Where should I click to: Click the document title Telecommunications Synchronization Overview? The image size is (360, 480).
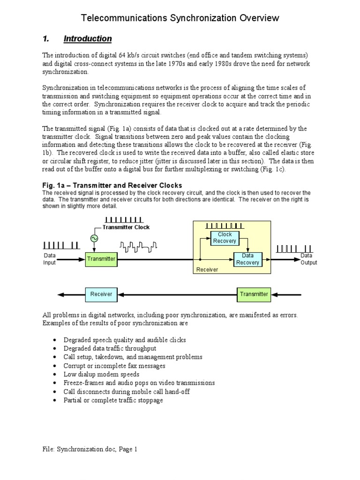(x=180, y=18)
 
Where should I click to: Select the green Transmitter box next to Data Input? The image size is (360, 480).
(x=101, y=259)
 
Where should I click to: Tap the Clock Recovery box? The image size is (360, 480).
(x=225, y=238)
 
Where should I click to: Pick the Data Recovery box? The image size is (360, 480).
(x=247, y=259)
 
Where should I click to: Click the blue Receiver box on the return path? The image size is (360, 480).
(x=101, y=294)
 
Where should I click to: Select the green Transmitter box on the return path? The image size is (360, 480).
(x=254, y=294)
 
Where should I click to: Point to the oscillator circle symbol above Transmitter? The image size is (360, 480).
(x=94, y=239)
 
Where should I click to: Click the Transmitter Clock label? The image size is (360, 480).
(x=126, y=227)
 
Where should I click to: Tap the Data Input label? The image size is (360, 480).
(x=50, y=259)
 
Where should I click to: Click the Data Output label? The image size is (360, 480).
(x=308, y=259)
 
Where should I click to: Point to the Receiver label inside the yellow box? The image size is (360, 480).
(x=207, y=270)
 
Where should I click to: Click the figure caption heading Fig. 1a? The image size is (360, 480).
(x=112, y=185)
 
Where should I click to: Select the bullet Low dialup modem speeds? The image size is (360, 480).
(x=101, y=374)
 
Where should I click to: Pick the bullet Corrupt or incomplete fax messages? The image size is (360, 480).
(x=114, y=366)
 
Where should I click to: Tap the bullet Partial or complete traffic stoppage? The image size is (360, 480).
(x=113, y=400)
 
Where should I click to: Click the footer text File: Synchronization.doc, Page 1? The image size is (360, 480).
(x=90, y=449)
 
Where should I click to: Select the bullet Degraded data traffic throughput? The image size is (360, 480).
(x=110, y=348)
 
